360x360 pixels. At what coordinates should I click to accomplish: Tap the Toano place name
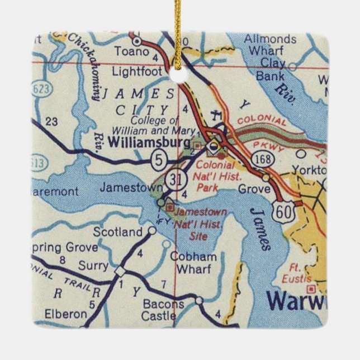point(132,52)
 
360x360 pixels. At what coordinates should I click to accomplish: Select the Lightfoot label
point(137,72)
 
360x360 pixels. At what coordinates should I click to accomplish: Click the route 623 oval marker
point(41,89)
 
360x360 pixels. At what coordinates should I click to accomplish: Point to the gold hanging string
point(178,34)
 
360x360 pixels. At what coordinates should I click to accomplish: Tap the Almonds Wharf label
point(270,45)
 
